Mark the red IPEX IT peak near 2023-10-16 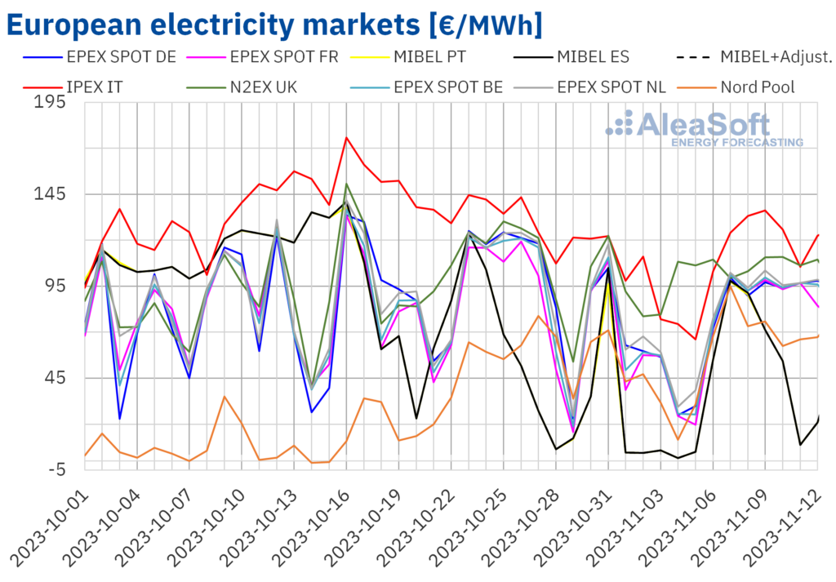[346, 137]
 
